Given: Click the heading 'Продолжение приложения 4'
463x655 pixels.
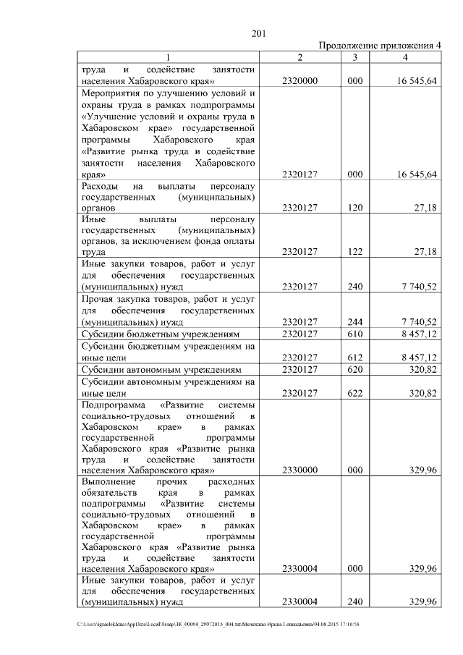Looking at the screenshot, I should pos(379,46).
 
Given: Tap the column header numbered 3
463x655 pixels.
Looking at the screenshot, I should pos(354,57).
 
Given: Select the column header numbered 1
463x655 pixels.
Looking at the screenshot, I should pos(169,57).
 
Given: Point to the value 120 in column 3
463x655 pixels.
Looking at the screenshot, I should pos(354,207).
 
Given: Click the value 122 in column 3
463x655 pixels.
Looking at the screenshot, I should pos(354,252).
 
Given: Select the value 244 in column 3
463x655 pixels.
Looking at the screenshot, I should pos(354,321).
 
